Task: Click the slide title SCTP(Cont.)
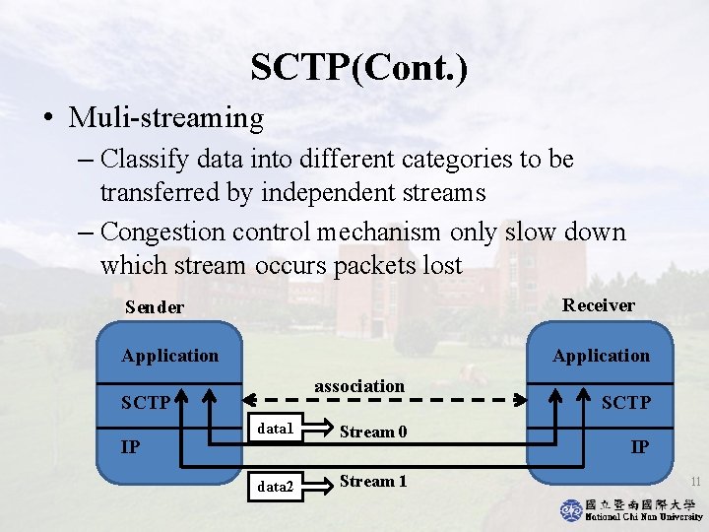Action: [359, 68]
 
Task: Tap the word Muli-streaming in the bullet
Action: [166, 119]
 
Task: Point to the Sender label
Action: [155, 307]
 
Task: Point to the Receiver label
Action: [598, 305]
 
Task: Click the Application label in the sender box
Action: [169, 356]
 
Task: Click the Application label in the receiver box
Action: [601, 356]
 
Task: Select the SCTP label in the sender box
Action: [146, 403]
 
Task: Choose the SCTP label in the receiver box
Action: [625, 402]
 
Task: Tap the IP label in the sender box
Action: [130, 447]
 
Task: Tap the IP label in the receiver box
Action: [639, 447]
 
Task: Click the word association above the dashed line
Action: [359, 386]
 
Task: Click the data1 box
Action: [275, 430]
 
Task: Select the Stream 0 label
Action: [373, 431]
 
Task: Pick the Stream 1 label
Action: [373, 482]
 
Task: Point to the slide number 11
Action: [694, 482]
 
